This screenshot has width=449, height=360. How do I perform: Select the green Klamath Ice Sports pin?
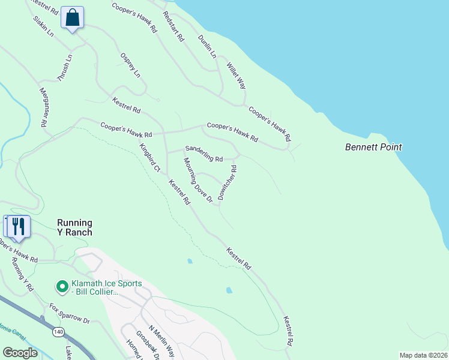(61, 285)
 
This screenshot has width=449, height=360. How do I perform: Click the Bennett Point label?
(373, 147)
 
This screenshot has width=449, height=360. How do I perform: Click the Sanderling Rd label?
(204, 154)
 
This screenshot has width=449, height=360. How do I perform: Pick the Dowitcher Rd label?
(228, 183)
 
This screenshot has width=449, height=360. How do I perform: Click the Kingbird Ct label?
(149, 158)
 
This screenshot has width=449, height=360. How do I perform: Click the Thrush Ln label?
(64, 68)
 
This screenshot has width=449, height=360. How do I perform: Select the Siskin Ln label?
(44, 27)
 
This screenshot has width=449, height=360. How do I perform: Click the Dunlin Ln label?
(207, 46)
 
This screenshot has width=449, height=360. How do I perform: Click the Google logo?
(20, 352)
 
